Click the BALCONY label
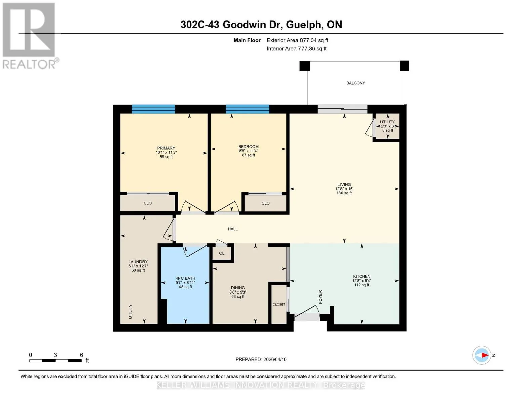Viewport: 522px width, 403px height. pos(355,83)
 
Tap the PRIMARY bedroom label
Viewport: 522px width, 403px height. pos(166,148)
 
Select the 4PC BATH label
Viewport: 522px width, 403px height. pos(185,278)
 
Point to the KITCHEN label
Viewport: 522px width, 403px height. pos(362,276)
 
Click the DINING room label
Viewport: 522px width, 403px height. pos(238,288)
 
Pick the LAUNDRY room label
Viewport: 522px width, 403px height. pos(138,262)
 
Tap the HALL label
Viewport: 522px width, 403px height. pos(233,229)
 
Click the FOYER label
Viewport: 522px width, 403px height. pos(320,297)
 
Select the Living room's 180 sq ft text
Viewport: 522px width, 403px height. pos(344,193)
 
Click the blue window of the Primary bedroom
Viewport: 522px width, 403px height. pos(153,109)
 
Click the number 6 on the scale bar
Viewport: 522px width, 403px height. pos(81,355)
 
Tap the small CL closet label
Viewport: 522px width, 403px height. pos(222,253)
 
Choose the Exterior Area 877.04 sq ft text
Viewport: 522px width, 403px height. pos(297,40)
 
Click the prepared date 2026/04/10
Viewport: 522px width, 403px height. pos(275,359)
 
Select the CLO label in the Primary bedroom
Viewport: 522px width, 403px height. pos(148,203)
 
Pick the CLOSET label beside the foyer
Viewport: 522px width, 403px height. pos(279,304)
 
